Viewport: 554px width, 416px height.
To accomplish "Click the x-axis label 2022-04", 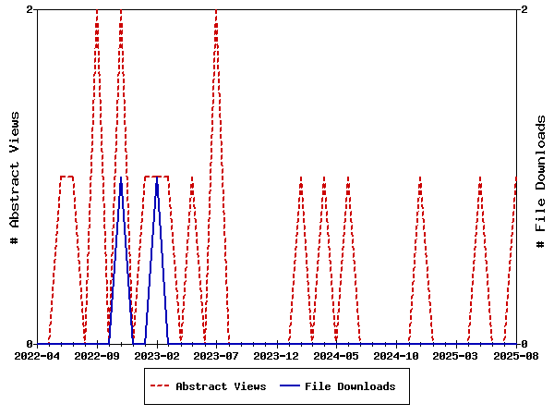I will (37, 355).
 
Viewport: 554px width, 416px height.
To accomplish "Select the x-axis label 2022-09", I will (97, 355).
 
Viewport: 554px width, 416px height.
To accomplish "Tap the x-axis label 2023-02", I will (157, 355).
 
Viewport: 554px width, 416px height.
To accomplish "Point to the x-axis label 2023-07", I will (217, 355).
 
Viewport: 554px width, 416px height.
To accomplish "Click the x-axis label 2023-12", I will (277, 355).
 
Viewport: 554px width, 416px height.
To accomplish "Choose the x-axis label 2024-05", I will (337, 355).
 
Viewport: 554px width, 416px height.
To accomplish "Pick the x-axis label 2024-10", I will (397, 355).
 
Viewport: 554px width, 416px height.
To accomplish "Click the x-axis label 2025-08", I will (516, 355).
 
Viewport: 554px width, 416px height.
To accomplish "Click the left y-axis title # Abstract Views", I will (15, 177).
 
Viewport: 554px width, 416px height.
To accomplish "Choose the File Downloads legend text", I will (350, 386).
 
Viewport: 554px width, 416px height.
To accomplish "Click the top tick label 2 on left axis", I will (30, 9).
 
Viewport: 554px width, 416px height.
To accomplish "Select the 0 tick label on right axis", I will (524, 344).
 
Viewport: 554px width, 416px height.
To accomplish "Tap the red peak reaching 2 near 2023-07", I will (216, 10).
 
